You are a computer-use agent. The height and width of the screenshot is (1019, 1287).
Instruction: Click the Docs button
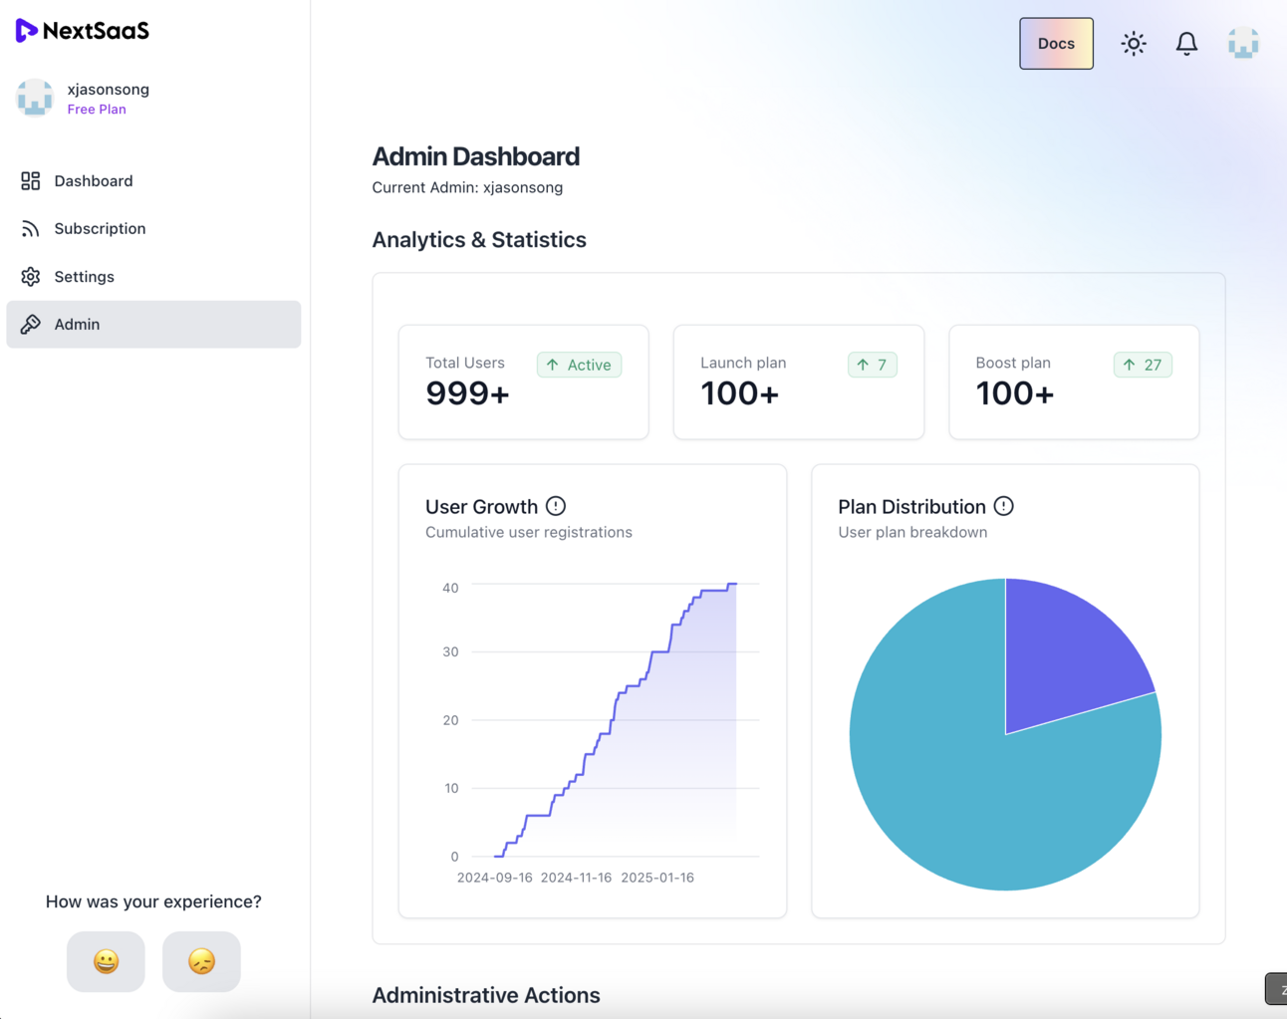(x=1056, y=44)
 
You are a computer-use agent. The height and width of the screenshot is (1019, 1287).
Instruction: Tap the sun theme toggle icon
(x=1133, y=44)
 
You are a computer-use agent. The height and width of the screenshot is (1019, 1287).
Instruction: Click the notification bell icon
(x=1186, y=44)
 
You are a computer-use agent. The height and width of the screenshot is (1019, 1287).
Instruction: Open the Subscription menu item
(x=100, y=229)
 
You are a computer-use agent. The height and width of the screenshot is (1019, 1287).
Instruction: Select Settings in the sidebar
(x=84, y=277)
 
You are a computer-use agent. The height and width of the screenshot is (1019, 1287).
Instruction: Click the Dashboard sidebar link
(x=93, y=181)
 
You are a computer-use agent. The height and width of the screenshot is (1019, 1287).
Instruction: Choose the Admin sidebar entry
(x=77, y=325)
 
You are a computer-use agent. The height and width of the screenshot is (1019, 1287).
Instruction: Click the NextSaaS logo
(x=83, y=31)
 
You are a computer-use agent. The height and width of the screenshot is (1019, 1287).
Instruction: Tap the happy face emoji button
(x=106, y=961)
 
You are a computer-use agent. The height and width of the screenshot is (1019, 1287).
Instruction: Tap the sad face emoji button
(x=201, y=961)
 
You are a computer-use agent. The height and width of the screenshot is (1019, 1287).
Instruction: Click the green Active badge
(x=579, y=366)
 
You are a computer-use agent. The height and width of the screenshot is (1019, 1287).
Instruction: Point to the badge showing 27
(x=1143, y=366)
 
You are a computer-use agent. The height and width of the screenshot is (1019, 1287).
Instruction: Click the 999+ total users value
(x=467, y=394)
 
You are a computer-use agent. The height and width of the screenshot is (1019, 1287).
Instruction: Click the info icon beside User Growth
(x=556, y=506)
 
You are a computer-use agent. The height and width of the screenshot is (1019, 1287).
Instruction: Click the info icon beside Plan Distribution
(x=1003, y=506)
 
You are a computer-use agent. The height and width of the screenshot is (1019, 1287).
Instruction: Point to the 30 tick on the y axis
(x=450, y=652)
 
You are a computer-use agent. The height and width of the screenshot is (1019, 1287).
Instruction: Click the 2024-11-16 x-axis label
(x=576, y=878)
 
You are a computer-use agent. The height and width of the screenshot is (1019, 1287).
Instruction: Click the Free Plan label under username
(x=97, y=110)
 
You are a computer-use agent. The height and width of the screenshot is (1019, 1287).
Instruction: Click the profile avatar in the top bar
(x=1242, y=44)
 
